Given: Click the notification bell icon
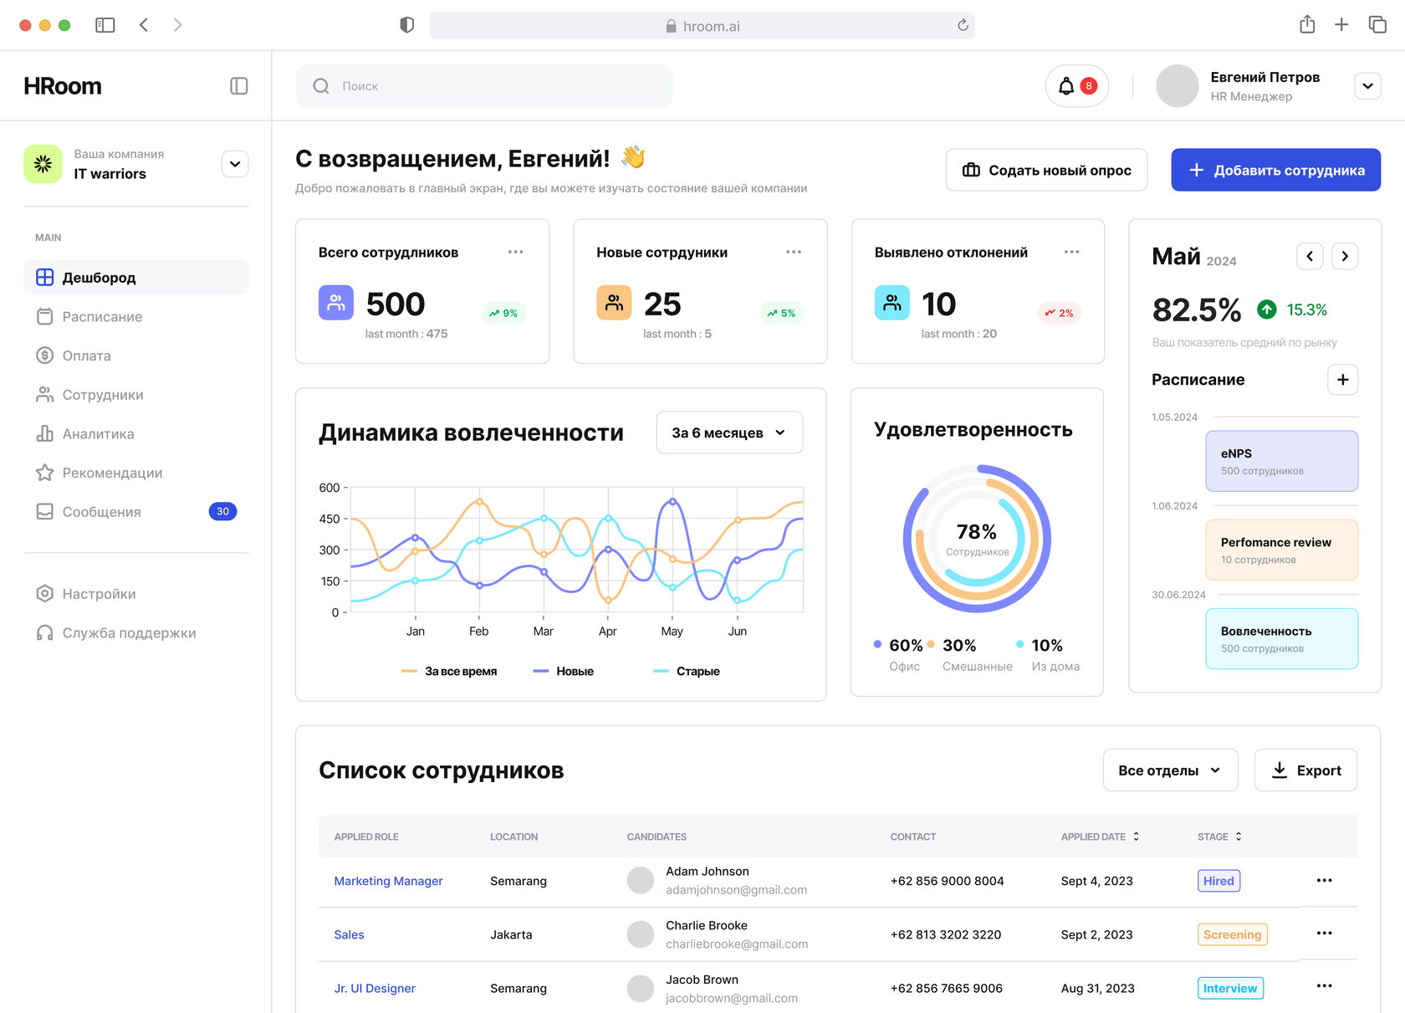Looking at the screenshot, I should pyautogui.click(x=1066, y=86).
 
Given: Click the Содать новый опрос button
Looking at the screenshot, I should pyautogui.click(x=1046, y=170).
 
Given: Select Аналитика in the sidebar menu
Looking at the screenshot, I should pyautogui.click(x=98, y=433).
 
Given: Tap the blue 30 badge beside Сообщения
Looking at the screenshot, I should pyautogui.click(x=222, y=511).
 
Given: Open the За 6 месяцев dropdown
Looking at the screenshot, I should pyautogui.click(x=729, y=432).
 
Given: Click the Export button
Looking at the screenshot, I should pyautogui.click(x=1305, y=770).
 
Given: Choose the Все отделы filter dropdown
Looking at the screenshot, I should pyautogui.click(x=1170, y=770).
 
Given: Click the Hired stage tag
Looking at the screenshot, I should pyautogui.click(x=1219, y=881).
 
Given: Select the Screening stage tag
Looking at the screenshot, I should pyautogui.click(x=1232, y=934).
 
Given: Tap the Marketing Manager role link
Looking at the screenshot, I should pyautogui.click(x=388, y=881).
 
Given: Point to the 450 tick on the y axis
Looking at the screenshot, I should pyautogui.click(x=330, y=519).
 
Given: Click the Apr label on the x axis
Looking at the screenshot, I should pyautogui.click(x=607, y=632).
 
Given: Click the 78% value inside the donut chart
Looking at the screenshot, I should pyautogui.click(x=977, y=532).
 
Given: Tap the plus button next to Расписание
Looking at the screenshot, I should pyautogui.click(x=1342, y=380).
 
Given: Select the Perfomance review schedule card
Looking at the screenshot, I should pyautogui.click(x=1281, y=550).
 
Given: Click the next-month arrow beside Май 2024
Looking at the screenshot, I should pyautogui.click(x=1345, y=256).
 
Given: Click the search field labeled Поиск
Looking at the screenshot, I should pyautogui.click(x=485, y=86).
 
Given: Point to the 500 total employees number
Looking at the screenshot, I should pyautogui.click(x=396, y=304).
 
